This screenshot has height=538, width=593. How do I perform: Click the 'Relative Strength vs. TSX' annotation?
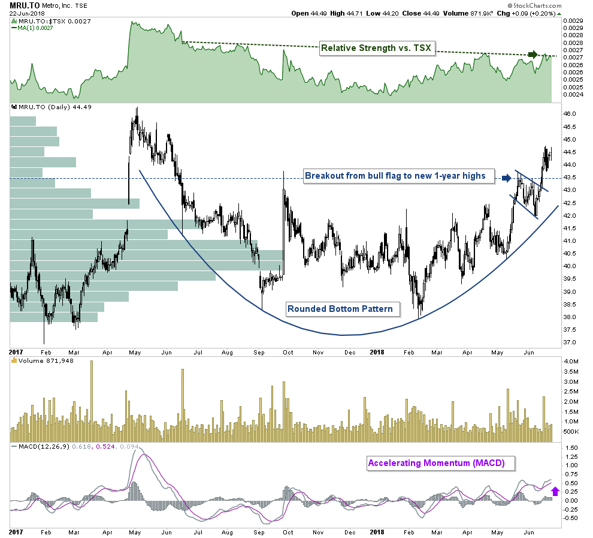point(376,48)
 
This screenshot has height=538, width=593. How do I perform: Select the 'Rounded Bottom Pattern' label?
point(340,309)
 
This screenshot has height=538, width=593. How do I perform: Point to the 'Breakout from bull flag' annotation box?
point(398,176)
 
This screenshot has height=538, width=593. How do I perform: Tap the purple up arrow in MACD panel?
point(555,491)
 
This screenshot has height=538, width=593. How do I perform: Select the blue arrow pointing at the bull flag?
point(507,178)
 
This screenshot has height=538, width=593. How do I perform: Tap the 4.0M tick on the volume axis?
point(571,362)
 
